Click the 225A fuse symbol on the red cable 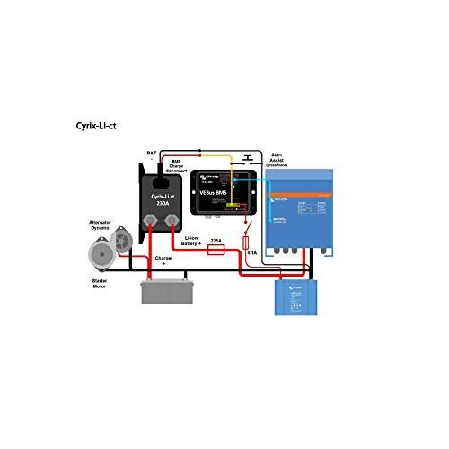click(216, 251)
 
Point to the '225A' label click(216, 241)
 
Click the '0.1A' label click(251, 253)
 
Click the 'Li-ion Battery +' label click(191, 242)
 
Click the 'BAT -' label click(150, 158)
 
